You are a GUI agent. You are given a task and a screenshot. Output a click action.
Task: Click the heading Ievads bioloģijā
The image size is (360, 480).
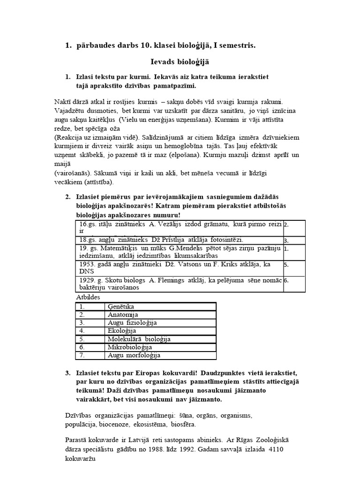pyautogui.click(x=180, y=61)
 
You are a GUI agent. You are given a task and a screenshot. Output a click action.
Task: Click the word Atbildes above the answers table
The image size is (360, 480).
pyautogui.click(x=88, y=297)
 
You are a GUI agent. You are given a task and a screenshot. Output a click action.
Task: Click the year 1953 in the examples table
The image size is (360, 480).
pyautogui.click(x=88, y=264)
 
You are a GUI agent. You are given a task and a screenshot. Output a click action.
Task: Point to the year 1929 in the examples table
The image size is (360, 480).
pyautogui.click(x=88, y=280)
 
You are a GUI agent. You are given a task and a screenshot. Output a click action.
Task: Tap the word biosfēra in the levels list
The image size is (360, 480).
pyautogui.click(x=182, y=424)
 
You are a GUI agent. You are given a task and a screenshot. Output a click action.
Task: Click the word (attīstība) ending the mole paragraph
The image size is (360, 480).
pyautogui.click(x=97, y=182)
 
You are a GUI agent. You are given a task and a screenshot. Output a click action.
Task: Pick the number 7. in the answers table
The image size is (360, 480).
pyautogui.click(x=82, y=355)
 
